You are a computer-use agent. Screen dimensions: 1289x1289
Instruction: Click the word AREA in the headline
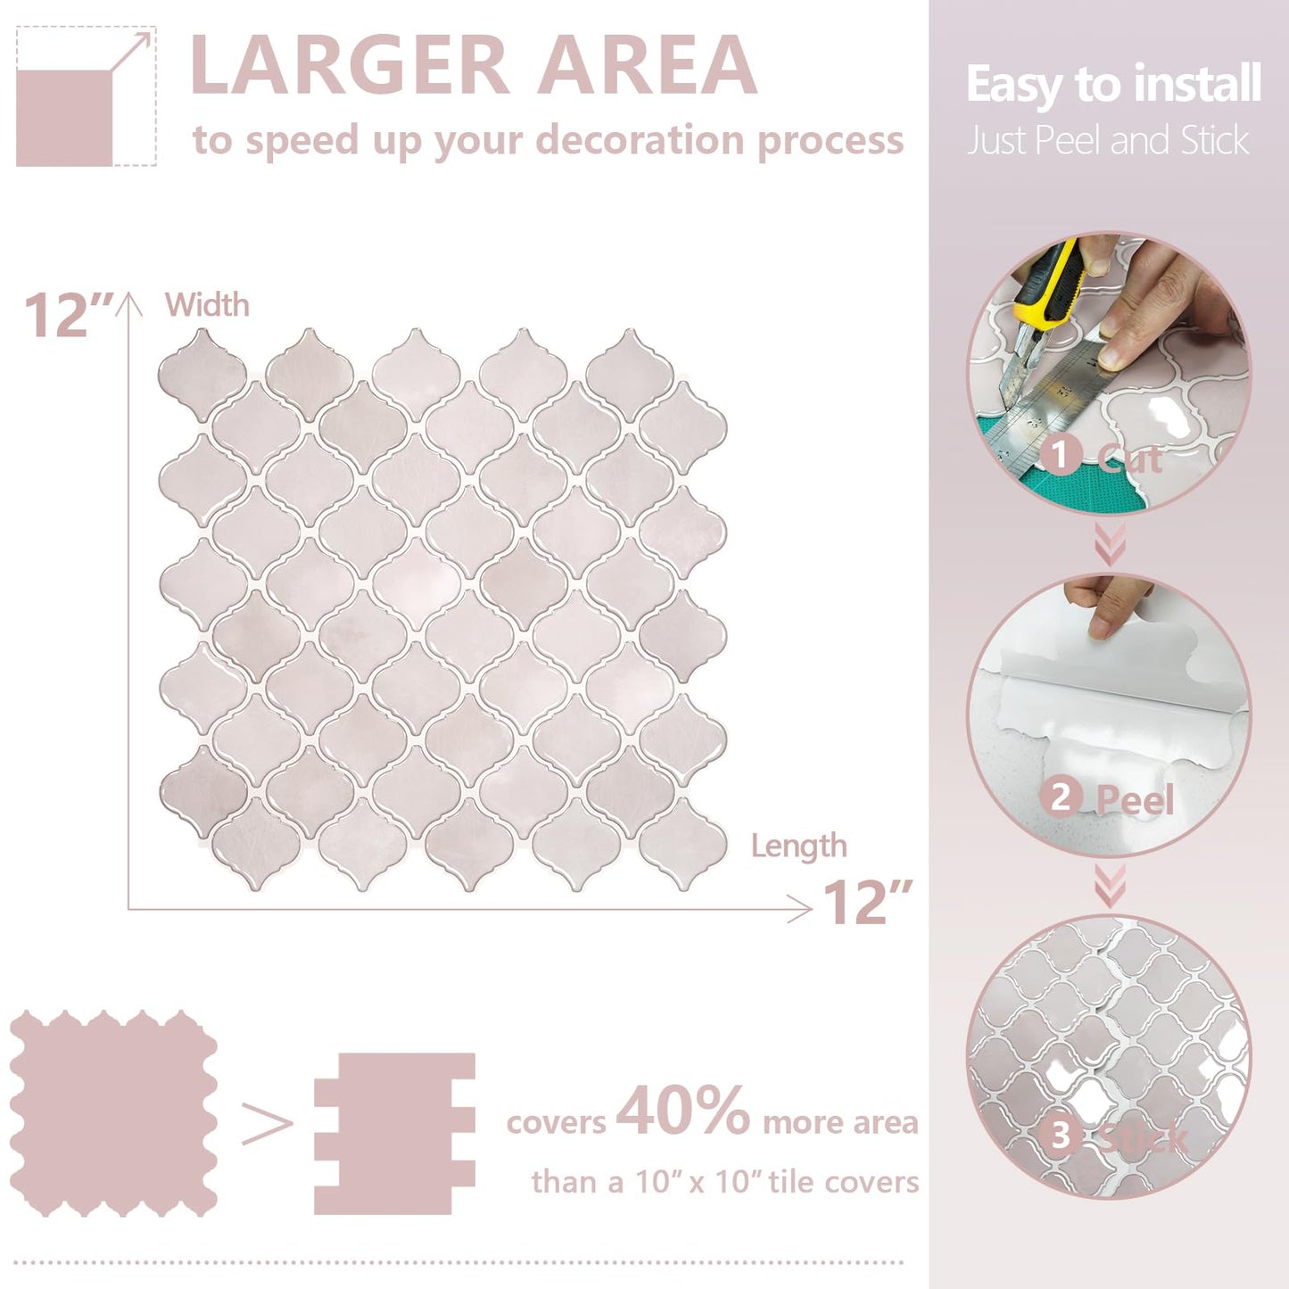pos(648,65)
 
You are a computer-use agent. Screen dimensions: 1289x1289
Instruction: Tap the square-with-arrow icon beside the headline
pos(86,96)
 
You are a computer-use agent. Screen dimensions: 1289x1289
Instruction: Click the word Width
pos(207,305)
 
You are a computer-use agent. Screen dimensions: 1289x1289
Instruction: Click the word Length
pos(798,846)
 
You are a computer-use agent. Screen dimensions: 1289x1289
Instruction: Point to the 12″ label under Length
pos(866,903)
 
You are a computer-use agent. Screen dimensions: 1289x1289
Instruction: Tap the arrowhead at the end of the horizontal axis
pos(804,909)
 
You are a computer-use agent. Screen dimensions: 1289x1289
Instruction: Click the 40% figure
pos(682,1111)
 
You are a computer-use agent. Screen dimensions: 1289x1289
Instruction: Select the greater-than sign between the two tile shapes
pos(267,1125)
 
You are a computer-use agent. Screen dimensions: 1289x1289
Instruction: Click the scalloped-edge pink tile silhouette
pos(113,1113)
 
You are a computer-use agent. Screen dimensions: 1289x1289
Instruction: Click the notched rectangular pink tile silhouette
pos(394,1133)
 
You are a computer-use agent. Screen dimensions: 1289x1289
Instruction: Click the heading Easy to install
pos(1112,85)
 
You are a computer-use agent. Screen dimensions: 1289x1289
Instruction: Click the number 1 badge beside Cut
pos(1060,456)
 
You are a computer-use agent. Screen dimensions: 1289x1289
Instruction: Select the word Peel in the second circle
pos(1134,799)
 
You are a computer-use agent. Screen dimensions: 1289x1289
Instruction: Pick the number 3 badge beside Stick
pos(1060,1136)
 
